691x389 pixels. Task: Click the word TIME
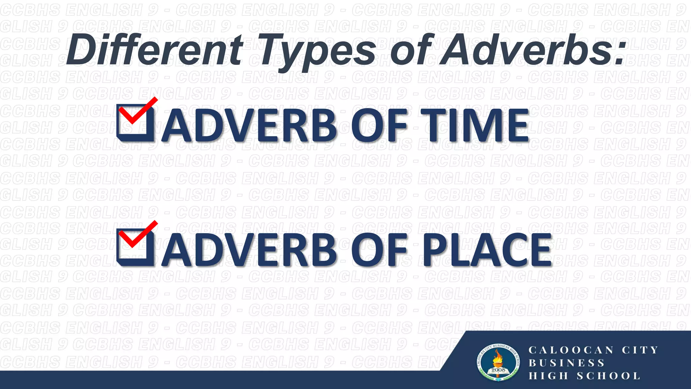(474, 126)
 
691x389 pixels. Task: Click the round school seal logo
(498, 363)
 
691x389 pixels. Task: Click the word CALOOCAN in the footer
(571, 350)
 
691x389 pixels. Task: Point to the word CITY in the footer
(640, 350)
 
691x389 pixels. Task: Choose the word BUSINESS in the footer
(566, 363)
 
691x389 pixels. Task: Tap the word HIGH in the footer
(548, 376)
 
